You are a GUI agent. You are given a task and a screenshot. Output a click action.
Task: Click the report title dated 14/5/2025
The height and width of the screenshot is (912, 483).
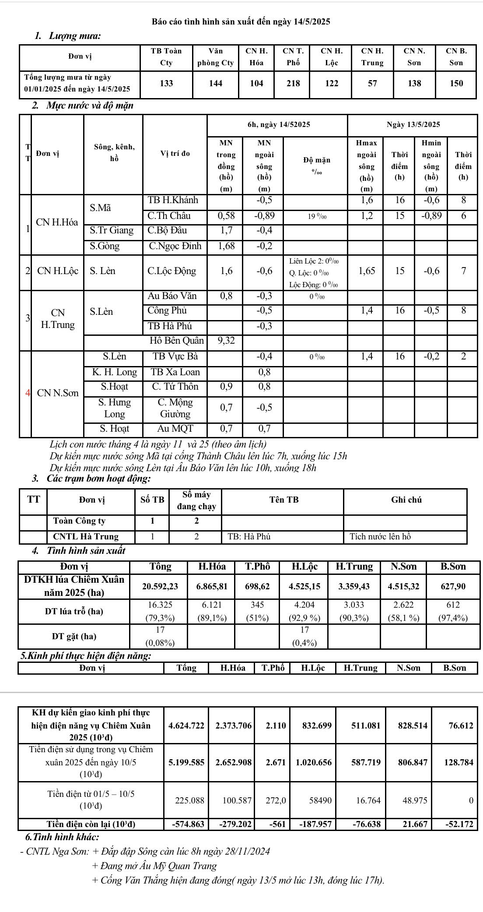[241, 21]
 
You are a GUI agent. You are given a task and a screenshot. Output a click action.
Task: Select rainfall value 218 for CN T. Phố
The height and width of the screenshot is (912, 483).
[293, 83]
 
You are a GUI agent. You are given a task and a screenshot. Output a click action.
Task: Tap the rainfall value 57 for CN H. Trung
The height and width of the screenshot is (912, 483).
[372, 83]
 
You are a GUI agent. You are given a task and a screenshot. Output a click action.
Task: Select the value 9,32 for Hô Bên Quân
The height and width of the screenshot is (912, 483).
[226, 341]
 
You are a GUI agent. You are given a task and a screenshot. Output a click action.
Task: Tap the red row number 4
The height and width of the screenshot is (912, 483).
[28, 393]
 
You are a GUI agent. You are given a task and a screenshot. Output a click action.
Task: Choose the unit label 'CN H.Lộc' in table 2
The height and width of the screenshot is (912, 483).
[58, 271]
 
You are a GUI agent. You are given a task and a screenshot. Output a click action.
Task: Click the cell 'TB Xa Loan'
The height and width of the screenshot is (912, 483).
[175, 372]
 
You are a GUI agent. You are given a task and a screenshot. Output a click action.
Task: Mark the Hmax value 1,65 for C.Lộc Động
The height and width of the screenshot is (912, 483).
[367, 271]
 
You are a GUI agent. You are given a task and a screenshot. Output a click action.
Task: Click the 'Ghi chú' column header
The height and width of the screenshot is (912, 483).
[406, 500]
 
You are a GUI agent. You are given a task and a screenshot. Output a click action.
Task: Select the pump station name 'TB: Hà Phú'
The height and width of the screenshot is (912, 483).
[249, 536]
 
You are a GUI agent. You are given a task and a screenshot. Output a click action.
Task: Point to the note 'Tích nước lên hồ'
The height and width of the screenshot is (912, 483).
[380, 536]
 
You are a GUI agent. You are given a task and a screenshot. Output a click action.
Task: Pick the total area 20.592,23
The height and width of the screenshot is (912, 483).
[160, 586]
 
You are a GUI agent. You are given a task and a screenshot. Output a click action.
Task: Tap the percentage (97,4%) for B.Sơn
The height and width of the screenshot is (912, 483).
[453, 618]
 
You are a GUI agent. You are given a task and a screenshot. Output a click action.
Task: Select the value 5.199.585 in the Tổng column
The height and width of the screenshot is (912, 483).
[186, 762]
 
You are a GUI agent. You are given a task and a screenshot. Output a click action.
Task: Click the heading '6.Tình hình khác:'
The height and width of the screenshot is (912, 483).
[62, 837]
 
